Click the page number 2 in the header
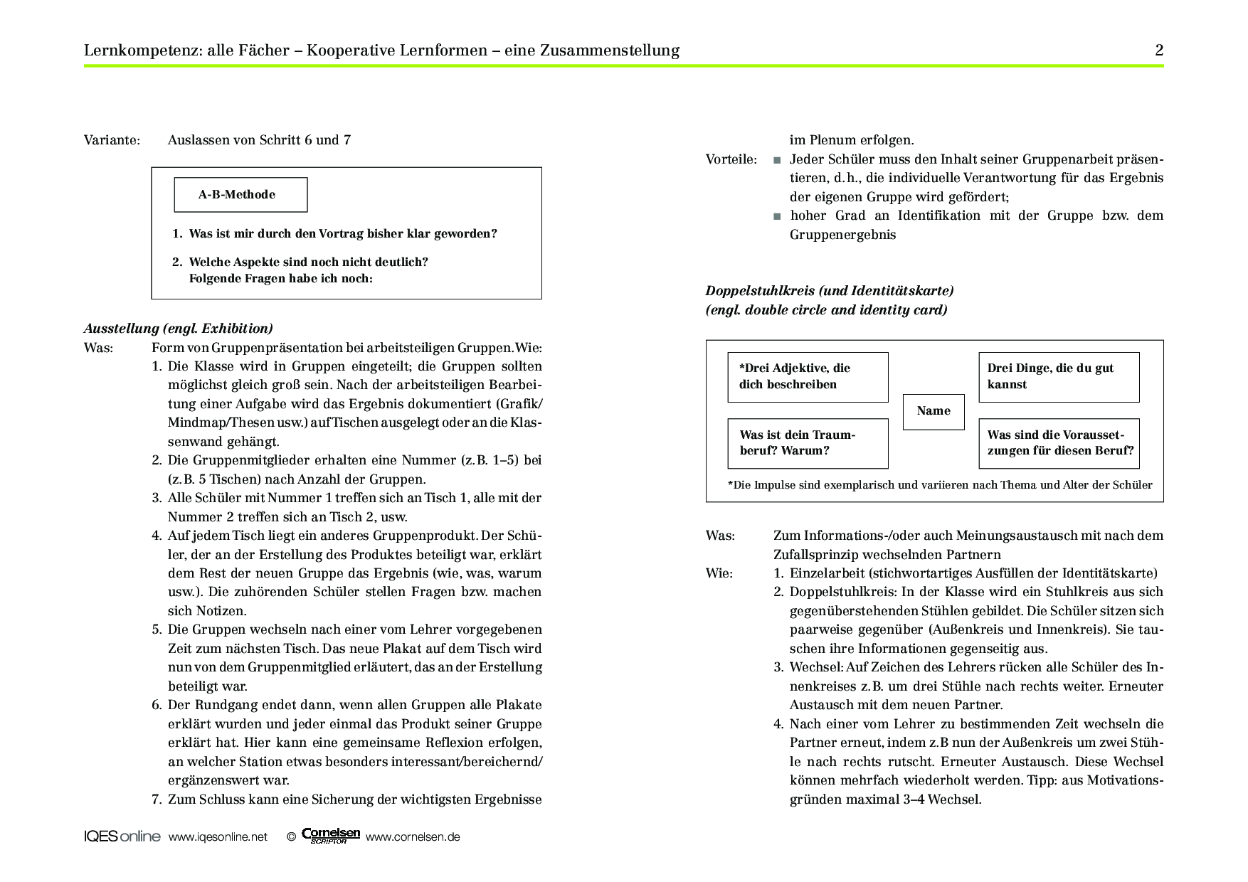click(1159, 51)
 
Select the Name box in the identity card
click(934, 411)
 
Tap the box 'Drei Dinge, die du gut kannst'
click(1059, 377)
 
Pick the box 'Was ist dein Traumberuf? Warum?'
click(808, 443)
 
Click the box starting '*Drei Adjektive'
click(808, 377)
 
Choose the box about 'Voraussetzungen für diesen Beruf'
click(1059, 443)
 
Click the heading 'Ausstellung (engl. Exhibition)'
click(179, 329)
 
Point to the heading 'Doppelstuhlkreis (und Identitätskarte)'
click(830, 291)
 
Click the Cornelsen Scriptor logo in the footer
click(331, 836)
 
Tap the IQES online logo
click(122, 836)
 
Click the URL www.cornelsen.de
click(413, 837)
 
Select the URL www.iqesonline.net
click(218, 837)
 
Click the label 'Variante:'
click(112, 140)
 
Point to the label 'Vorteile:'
click(731, 159)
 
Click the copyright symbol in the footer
click(290, 837)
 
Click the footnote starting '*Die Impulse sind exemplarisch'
click(939, 485)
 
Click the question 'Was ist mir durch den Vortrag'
click(343, 234)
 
